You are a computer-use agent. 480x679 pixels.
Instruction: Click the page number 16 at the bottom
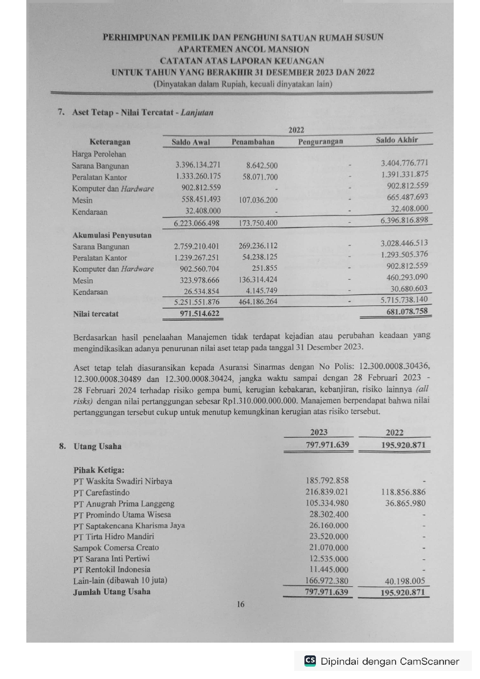pos(240,604)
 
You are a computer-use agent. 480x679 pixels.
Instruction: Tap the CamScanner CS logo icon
pos(310,660)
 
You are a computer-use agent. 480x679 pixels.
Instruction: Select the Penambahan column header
pos(253,142)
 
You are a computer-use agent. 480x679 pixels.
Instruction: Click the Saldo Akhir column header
pos(396,140)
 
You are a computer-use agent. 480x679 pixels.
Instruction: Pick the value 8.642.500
pos(262,166)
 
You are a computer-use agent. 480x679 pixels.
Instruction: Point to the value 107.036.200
pos(258,200)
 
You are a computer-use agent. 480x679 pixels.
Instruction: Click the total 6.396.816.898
pos(404,220)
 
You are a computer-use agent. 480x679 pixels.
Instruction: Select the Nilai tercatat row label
pos(96,314)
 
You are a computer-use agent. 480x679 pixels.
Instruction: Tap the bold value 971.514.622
pos(199,313)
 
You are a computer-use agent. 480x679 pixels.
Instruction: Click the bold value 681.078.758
pos(407,311)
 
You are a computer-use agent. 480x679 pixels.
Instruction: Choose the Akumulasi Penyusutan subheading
pos(112,235)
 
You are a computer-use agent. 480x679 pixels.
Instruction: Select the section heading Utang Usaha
pos(97,446)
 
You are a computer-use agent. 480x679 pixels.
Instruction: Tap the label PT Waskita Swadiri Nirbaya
pos(123,481)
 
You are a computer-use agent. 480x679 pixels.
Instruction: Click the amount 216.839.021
pos(327,492)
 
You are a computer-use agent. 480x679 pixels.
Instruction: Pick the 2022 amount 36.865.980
pos(405,503)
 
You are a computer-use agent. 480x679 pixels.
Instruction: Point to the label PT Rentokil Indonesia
pos(111,570)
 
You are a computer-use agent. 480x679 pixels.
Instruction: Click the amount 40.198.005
pos(405,581)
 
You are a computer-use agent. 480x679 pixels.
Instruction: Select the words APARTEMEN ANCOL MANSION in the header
pos(243,49)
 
